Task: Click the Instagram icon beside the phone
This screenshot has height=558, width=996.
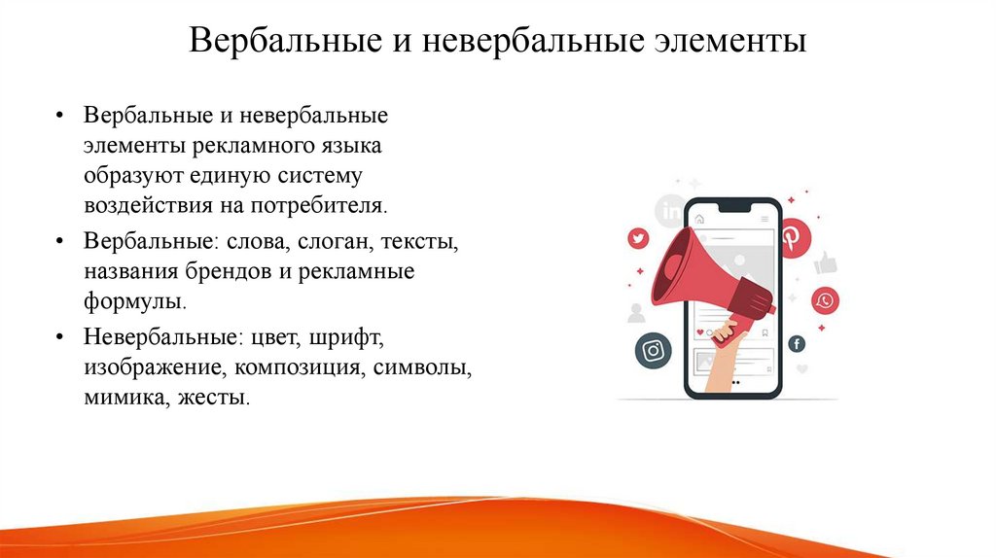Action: tap(654, 350)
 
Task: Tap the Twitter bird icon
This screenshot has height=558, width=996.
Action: tap(638, 238)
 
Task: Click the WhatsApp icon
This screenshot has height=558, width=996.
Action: tap(826, 300)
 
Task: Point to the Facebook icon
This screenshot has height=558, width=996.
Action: tap(797, 343)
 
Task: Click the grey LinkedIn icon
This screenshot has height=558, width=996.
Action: tap(671, 209)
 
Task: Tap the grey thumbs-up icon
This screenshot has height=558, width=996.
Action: tap(826, 262)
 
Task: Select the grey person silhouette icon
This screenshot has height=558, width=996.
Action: tap(637, 312)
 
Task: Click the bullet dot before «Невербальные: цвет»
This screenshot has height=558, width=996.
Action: tap(61, 338)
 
